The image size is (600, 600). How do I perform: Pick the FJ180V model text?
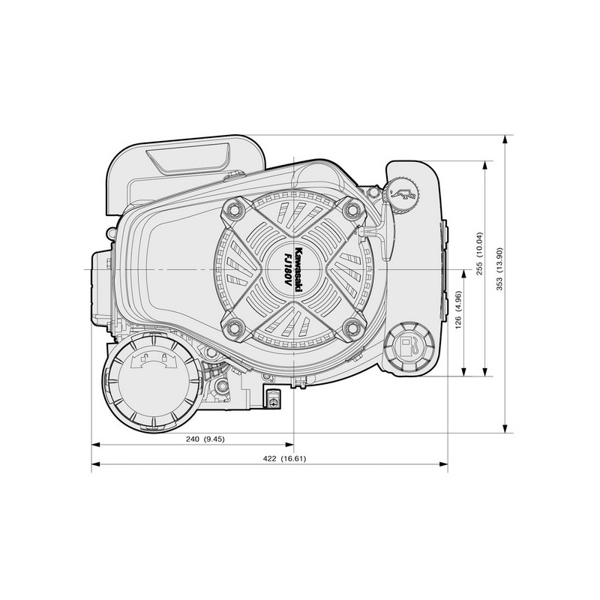point(288,269)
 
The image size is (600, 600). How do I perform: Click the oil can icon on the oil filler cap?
point(405,193)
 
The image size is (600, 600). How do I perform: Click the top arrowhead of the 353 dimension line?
point(507,141)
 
